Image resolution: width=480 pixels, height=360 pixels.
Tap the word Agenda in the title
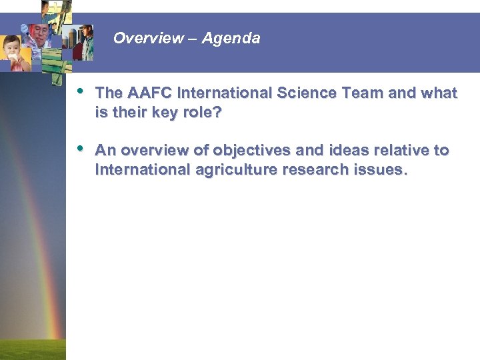pos(231,39)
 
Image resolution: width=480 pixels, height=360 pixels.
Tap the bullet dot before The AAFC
pos(81,91)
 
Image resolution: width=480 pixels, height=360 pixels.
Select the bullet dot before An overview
pos(81,148)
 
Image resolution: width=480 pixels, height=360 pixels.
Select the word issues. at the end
pos(379,170)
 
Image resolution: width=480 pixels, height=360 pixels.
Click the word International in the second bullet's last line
pos(143,170)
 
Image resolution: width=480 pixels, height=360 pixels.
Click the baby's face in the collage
pos(15,51)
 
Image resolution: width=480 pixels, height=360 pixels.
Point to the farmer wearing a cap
pos(87,40)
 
